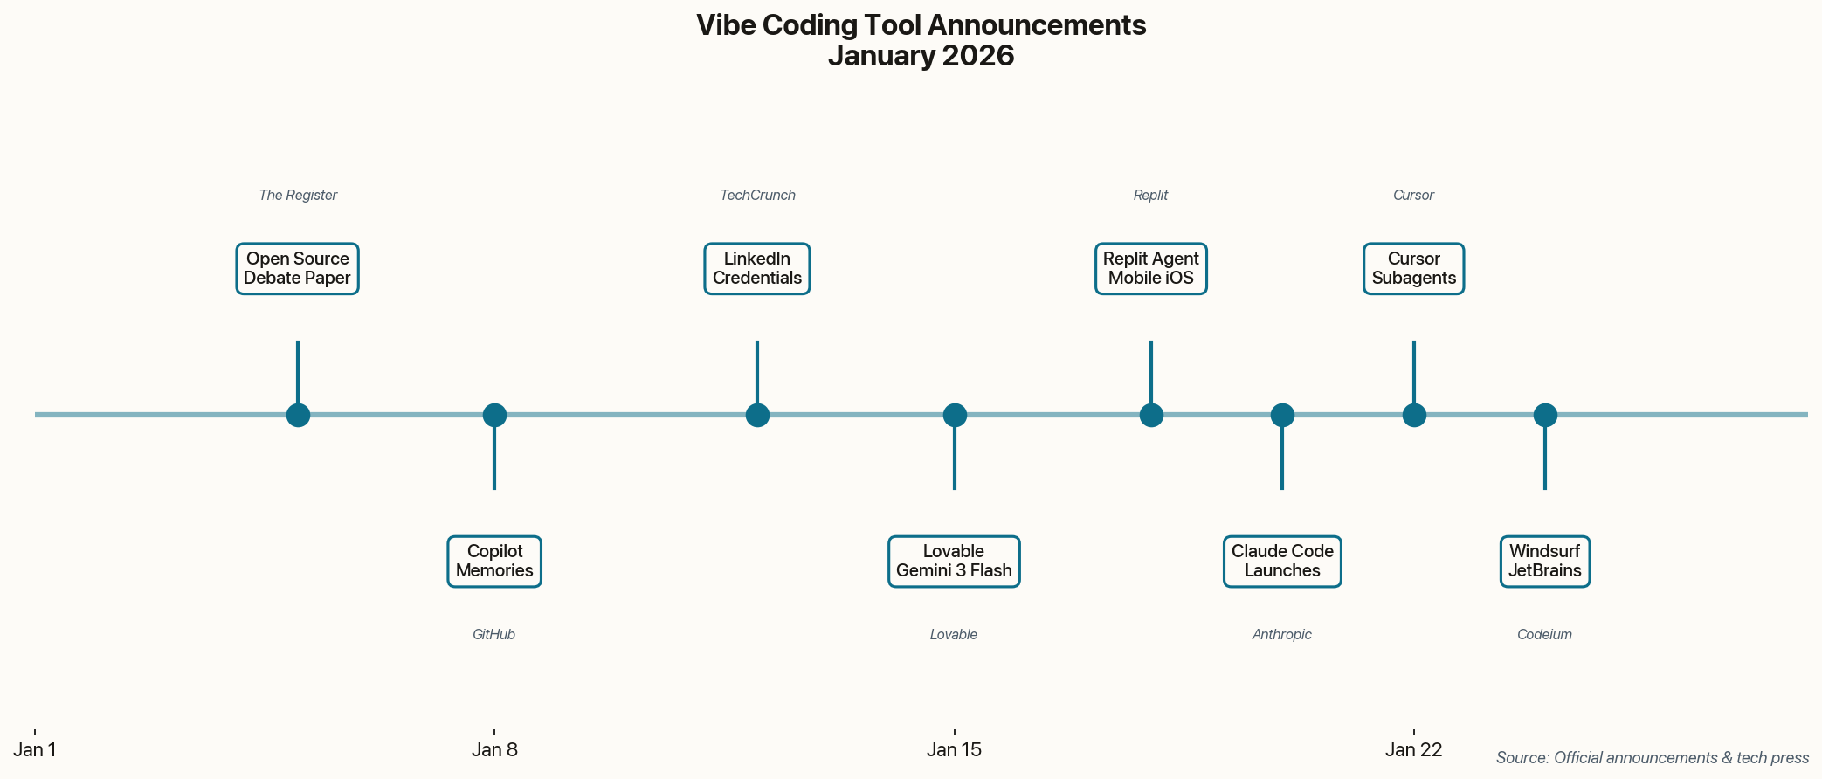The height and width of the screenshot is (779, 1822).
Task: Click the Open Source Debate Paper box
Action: (x=297, y=269)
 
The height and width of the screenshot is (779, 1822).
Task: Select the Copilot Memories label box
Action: (x=494, y=562)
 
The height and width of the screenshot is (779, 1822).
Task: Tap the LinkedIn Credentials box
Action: (x=757, y=269)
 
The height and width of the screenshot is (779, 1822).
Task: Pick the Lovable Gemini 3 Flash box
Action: (x=954, y=562)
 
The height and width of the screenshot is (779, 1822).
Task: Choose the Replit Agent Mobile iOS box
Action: (x=1151, y=269)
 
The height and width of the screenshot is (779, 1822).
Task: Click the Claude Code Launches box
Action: (x=1282, y=562)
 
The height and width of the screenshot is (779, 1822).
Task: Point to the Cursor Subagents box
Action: (x=1414, y=269)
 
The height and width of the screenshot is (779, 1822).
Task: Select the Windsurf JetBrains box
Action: (x=1545, y=562)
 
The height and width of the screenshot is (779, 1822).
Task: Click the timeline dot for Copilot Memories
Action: (x=494, y=416)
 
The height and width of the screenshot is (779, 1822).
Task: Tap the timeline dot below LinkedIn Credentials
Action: (x=757, y=416)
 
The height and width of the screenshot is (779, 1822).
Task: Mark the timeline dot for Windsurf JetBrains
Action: (x=1545, y=416)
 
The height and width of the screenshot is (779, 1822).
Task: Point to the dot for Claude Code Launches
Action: (x=1282, y=416)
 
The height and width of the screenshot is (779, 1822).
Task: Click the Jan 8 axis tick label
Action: (x=494, y=749)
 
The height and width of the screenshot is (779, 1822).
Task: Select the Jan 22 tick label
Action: (x=1414, y=749)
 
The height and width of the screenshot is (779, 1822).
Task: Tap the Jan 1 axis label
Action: (x=35, y=749)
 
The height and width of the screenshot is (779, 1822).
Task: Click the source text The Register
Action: (x=298, y=196)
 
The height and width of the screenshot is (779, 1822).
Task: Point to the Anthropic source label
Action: (x=1282, y=635)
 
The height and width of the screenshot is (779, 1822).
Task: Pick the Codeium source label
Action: (x=1544, y=635)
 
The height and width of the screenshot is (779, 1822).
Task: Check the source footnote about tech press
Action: (x=1652, y=758)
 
